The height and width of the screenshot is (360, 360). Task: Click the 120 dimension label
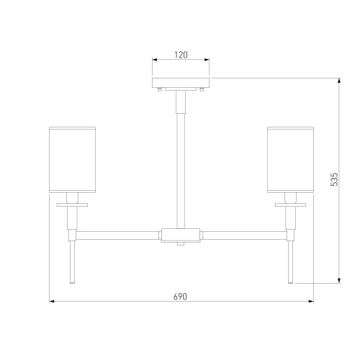click(181, 55)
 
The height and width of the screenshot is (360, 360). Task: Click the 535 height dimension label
click(334, 179)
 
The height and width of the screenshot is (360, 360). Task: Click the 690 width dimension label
click(180, 297)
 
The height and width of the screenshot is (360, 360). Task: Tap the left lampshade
click(73, 160)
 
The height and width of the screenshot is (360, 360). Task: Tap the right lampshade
click(291, 160)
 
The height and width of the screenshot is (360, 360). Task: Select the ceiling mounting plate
click(181, 82)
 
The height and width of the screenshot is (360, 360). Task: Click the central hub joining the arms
click(181, 235)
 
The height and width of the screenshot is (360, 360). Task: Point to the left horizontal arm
click(117, 235)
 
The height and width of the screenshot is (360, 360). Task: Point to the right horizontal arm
click(245, 235)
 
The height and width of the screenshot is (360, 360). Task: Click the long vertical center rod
click(181, 171)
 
